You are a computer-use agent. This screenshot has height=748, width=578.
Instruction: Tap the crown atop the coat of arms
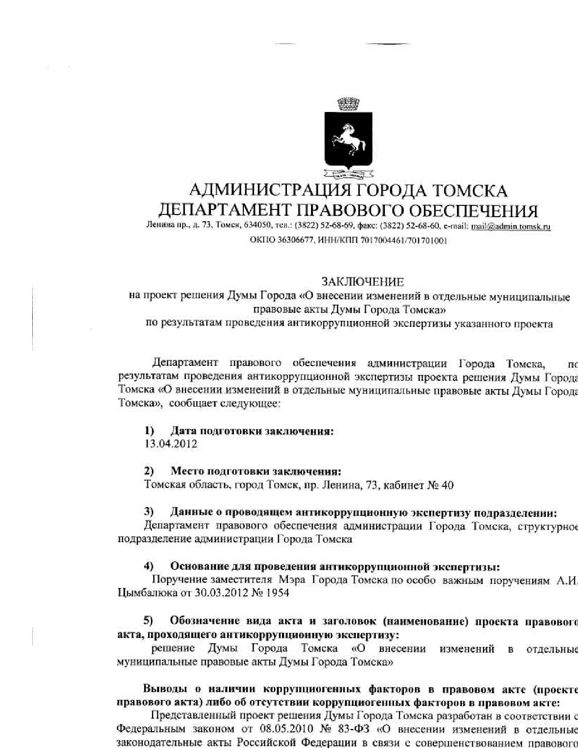point(348,104)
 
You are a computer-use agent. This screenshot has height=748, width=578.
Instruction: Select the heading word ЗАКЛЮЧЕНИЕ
point(362,282)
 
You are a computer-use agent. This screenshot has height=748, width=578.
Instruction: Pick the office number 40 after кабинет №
point(447,485)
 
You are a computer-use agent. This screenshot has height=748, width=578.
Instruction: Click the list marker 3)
point(149,512)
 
